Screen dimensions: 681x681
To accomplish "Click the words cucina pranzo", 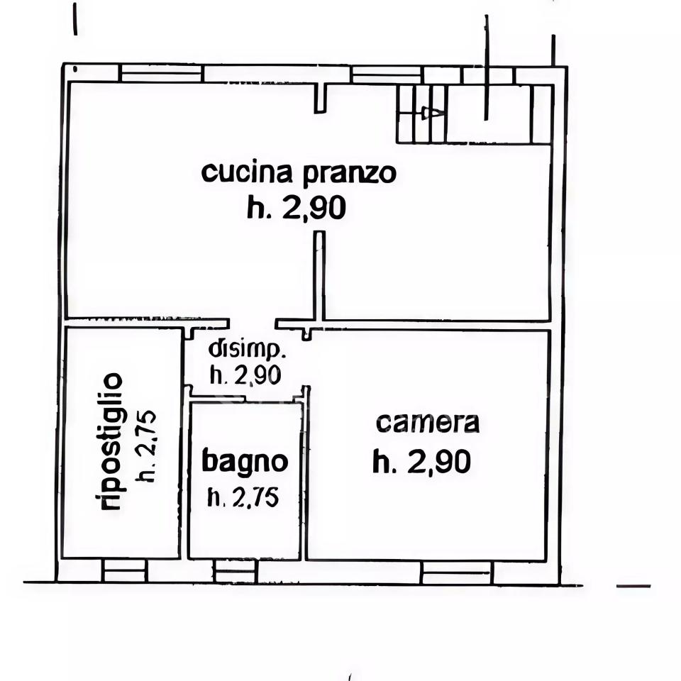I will [299, 172].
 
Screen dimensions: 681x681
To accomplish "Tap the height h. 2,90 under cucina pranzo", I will [297, 208].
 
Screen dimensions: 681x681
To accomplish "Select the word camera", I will [428, 423].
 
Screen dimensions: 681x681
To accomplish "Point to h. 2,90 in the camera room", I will [422, 463].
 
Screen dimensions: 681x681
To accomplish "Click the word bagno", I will [245, 462].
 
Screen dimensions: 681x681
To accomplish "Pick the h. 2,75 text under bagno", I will [243, 498].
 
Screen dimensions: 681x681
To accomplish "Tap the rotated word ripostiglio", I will [111, 442].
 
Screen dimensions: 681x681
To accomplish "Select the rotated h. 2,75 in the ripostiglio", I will [147, 446].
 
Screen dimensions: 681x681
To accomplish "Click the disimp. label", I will [248, 349].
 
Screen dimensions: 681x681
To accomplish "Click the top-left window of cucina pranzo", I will [161, 73].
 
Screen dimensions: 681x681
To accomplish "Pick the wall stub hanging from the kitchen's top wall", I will [321, 97].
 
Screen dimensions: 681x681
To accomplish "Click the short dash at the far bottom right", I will [633, 586].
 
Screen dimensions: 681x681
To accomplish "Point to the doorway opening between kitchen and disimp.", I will [252, 323].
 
